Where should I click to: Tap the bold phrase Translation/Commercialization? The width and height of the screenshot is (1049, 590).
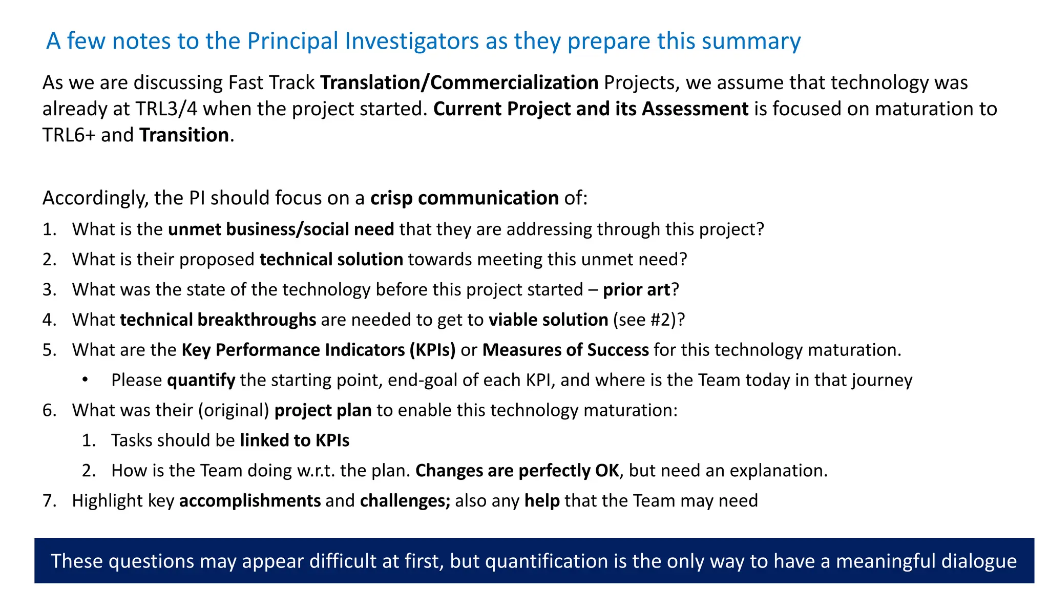click(x=459, y=82)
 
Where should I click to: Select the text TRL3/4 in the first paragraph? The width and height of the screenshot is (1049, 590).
click(x=166, y=109)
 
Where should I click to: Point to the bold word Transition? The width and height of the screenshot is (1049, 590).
click(x=184, y=135)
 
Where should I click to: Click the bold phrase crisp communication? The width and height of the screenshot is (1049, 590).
click(x=464, y=198)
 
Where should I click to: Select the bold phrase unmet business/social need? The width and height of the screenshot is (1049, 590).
click(x=281, y=229)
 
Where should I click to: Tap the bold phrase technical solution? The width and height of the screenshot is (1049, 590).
click(x=331, y=259)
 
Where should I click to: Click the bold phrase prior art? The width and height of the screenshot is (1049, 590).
click(x=636, y=289)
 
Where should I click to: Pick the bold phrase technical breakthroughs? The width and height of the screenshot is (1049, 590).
click(x=218, y=320)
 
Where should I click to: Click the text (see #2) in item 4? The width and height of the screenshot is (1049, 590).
click(x=645, y=320)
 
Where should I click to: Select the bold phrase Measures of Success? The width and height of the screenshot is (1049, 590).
click(x=565, y=350)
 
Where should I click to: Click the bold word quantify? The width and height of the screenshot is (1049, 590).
click(x=201, y=380)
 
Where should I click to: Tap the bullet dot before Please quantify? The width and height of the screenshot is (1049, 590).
click(x=85, y=380)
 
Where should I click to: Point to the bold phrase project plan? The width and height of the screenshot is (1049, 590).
click(x=323, y=410)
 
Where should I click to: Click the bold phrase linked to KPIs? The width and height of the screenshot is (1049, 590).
click(x=295, y=440)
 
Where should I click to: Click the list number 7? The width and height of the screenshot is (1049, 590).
click(x=49, y=501)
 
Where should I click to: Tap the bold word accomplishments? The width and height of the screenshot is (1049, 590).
click(x=250, y=501)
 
